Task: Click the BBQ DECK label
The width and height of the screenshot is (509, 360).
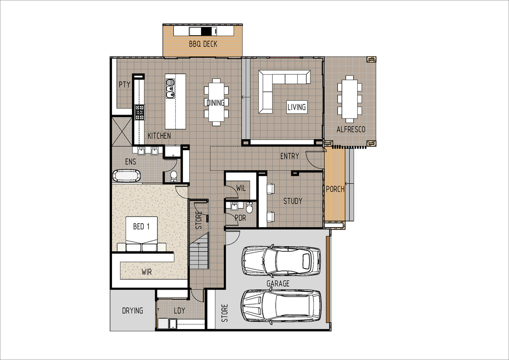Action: point(203,44)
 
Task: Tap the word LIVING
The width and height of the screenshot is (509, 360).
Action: point(296,107)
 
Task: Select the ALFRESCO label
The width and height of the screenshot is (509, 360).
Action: point(351,129)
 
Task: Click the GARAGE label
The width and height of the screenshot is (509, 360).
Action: point(278,284)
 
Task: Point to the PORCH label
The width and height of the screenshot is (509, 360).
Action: point(335,189)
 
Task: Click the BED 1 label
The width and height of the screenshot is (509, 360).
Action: point(141,227)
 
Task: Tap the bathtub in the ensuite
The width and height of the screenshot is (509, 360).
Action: point(126,176)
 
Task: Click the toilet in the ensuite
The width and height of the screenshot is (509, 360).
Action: point(174,177)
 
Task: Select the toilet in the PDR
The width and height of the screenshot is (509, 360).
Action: point(249,207)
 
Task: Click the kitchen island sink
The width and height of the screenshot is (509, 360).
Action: point(170,88)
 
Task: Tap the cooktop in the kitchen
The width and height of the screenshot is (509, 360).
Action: point(140,112)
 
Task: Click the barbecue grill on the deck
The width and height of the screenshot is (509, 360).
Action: point(203,31)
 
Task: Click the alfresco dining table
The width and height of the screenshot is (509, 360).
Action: point(350,99)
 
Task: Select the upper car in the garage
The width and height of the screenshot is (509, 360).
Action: point(281,261)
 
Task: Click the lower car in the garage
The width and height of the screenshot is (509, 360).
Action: point(281,306)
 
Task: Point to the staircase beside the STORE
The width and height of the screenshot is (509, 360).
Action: point(199,250)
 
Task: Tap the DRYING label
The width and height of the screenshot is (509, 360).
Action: point(132,311)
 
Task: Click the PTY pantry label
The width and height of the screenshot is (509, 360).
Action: point(125,84)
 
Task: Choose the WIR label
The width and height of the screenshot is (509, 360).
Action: point(147,272)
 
